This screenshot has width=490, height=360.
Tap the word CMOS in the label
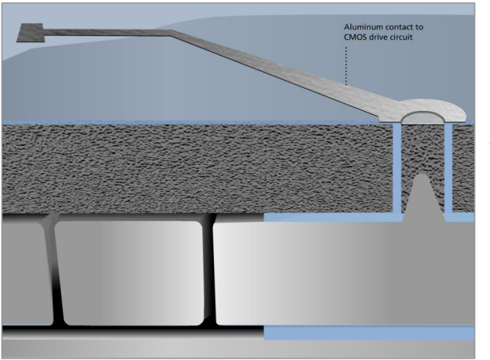(x=354, y=38)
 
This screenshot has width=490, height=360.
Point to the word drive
(x=377, y=38)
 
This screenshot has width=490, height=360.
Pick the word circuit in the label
(x=401, y=38)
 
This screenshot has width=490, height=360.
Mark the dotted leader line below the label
(x=346, y=65)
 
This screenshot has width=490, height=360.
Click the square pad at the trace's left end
(x=30, y=33)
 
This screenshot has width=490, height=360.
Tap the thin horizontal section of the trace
(x=106, y=32)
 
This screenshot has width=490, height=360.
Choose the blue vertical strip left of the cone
(x=397, y=168)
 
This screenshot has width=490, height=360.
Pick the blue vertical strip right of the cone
(x=449, y=168)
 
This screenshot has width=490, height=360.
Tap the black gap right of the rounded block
(x=209, y=271)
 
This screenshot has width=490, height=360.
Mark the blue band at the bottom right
(x=369, y=333)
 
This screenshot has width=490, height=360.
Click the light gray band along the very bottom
(x=238, y=349)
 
